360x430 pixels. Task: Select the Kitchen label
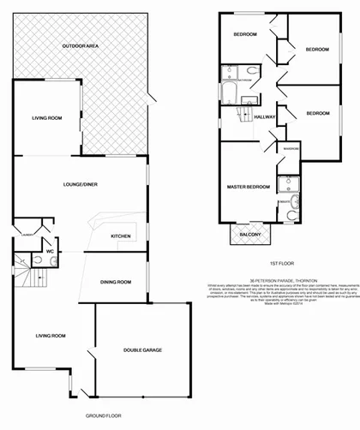point(120,236)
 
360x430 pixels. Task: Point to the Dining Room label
point(115,281)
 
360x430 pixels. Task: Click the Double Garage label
point(142,349)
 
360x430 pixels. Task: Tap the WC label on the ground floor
point(50,251)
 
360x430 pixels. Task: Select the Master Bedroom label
point(249,186)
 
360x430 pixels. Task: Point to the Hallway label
point(264,116)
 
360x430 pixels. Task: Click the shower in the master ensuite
point(291,183)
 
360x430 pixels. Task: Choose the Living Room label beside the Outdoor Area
point(45,117)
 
